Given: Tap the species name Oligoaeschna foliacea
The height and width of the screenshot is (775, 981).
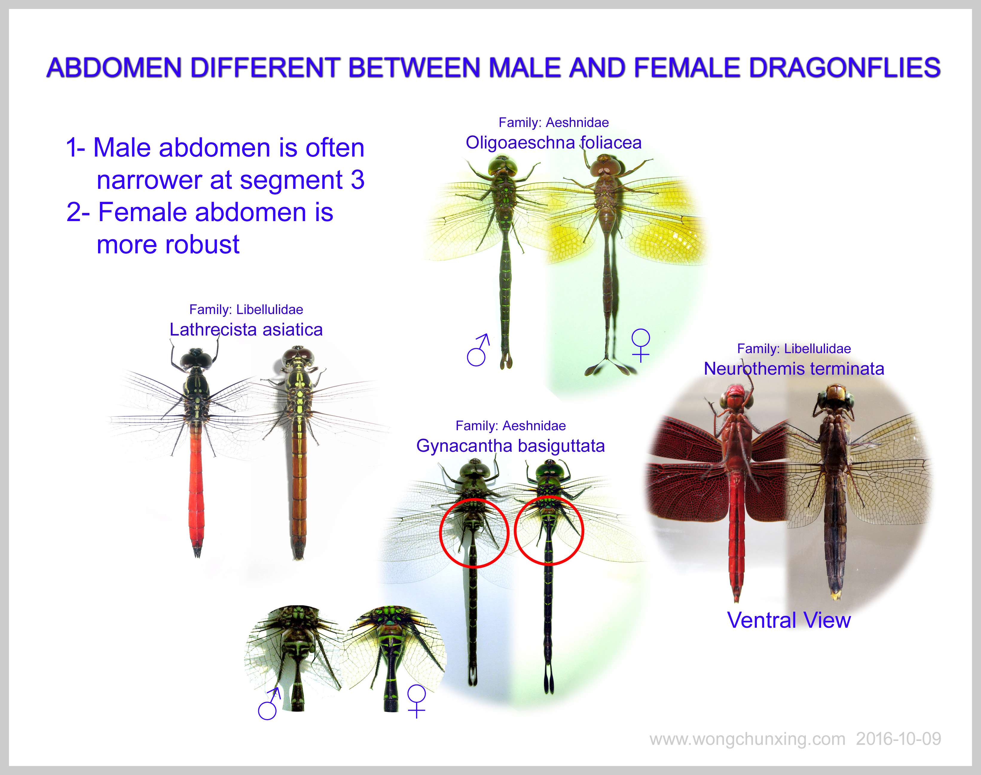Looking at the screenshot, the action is (x=553, y=143).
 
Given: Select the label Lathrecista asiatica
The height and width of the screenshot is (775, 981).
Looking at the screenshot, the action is (x=246, y=330).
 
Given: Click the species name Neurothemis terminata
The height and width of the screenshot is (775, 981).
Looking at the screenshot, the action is (x=794, y=368).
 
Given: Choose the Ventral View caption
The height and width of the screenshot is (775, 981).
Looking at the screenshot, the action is (x=789, y=620).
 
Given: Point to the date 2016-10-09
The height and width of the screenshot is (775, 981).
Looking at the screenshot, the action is (x=899, y=739).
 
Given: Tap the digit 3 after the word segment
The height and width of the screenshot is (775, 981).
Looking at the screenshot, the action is (x=357, y=180).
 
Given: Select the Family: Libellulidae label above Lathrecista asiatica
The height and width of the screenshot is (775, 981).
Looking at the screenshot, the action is (x=246, y=310).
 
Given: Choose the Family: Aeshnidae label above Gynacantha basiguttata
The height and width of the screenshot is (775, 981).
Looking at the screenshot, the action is (x=511, y=426).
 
